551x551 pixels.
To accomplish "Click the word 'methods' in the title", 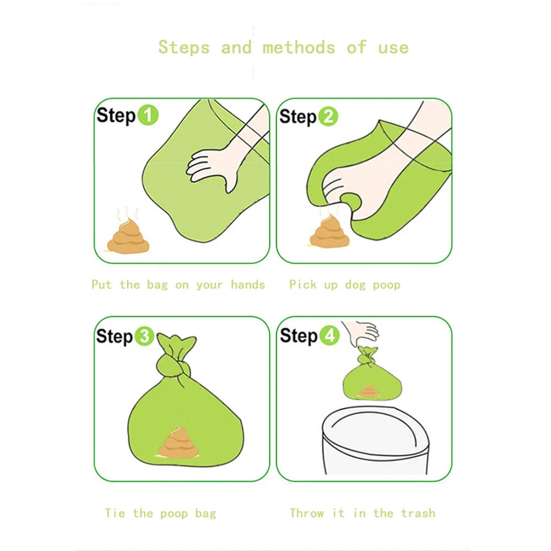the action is point(299,48).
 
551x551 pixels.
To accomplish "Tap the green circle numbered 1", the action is point(148,115).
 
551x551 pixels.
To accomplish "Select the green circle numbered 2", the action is point(328,116).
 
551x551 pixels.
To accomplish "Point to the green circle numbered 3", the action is point(144,336).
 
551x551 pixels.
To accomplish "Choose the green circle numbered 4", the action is point(329,335).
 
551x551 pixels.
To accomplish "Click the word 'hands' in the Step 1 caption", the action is point(248,284).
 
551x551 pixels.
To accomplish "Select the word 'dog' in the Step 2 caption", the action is point(355,285).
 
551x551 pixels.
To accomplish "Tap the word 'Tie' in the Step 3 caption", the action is point(115,513).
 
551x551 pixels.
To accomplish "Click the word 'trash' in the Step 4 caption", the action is point(418,514).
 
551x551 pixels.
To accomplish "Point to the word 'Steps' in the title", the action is point(184,48).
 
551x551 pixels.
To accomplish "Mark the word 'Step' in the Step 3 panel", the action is point(115,337).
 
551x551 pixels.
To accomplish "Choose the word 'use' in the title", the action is point(393,48).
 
